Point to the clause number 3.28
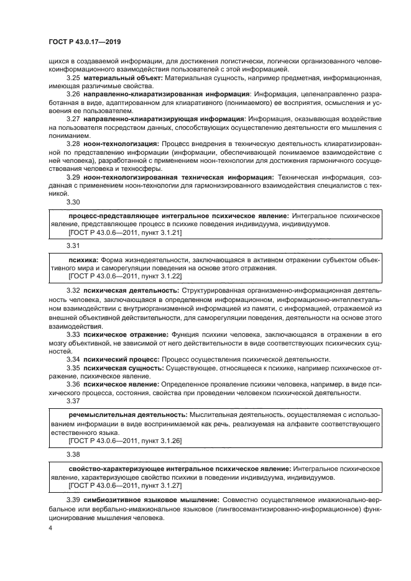(x=73, y=142)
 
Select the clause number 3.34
(x=73, y=359)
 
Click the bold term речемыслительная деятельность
(x=127, y=414)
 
